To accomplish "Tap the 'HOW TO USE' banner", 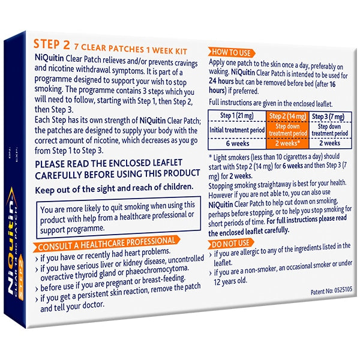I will point(230,52).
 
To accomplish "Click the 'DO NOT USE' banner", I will point(229,244).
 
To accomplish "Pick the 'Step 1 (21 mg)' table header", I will point(236,116).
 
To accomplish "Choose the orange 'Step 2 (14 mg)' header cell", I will point(286,116).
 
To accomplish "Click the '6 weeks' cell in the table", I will point(236,143).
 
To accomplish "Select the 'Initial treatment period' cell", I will point(236,129).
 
